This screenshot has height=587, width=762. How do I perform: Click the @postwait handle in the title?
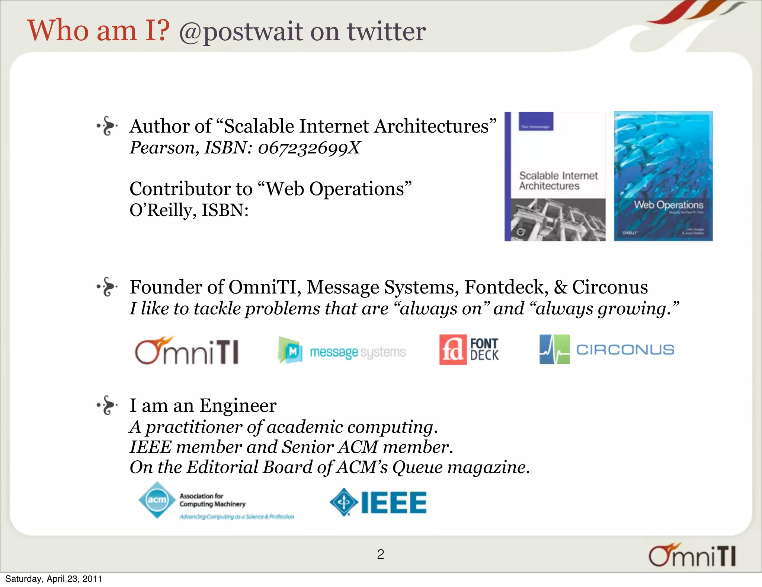[241, 32]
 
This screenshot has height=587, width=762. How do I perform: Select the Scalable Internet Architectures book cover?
[555, 176]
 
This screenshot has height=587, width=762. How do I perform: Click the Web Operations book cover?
[663, 176]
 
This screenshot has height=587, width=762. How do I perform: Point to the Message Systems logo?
[342, 350]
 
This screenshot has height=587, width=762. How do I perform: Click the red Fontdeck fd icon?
[452, 350]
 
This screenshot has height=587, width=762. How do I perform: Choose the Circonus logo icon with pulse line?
[554, 349]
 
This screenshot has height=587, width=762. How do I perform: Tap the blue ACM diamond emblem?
[157, 500]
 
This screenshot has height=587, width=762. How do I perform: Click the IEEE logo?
[378, 502]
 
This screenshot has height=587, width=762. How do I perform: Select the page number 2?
[380, 554]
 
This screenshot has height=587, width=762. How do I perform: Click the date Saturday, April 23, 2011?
[54, 579]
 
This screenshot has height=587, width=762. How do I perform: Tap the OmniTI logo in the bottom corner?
[692, 555]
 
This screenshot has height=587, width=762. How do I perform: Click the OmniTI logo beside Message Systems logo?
[187, 350]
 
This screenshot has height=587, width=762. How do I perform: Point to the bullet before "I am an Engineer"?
[108, 405]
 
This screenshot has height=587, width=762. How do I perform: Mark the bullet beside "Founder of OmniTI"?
[108, 287]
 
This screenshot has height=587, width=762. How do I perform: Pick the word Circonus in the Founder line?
[610, 287]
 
